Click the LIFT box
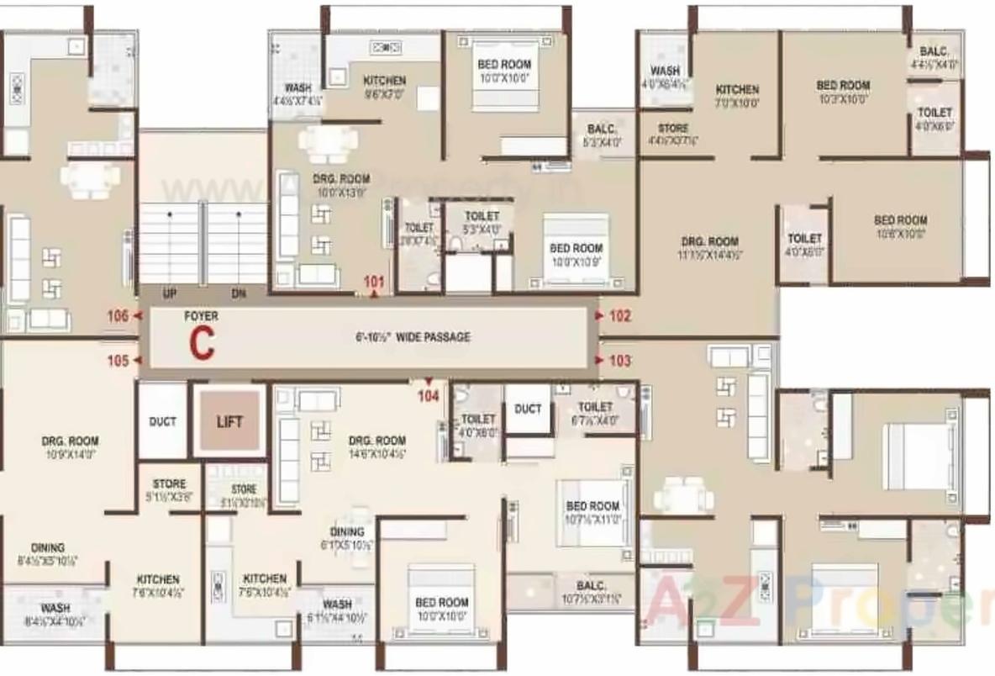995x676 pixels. coord(229,421)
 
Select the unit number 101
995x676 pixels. coord(374,282)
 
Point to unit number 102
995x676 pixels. coord(619,316)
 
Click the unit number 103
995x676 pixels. coord(619,361)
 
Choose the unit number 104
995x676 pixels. coord(429,395)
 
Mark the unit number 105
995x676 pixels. coord(118,361)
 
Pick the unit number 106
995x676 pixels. coord(118,316)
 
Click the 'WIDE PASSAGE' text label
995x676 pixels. coord(412,337)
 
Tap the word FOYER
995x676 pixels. coord(201,316)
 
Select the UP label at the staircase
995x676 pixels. coord(170,293)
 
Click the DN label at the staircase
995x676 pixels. coord(239,293)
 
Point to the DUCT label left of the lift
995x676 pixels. coord(162,421)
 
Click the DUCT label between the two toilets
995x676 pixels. coord(528,409)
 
